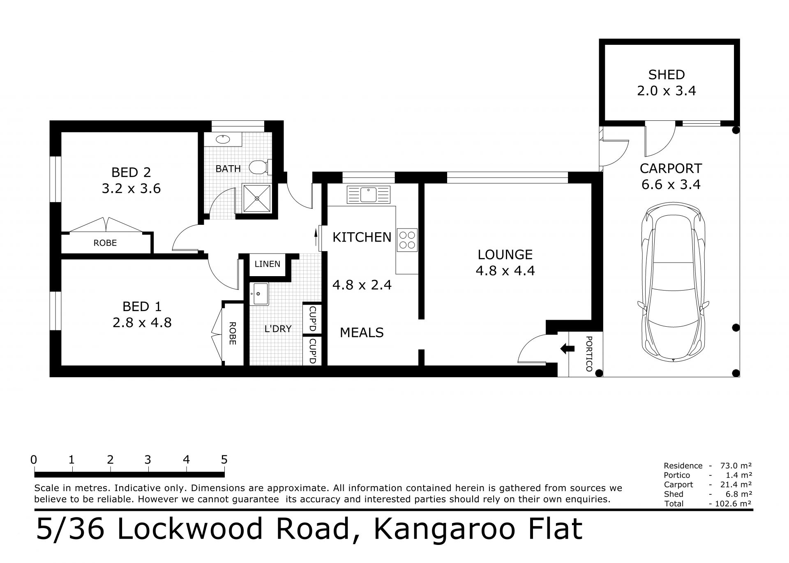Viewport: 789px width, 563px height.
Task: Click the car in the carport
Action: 673,281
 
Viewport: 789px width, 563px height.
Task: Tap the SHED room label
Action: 667,75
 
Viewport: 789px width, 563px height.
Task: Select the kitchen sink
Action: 368,195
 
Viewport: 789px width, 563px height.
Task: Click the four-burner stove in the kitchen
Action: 407,240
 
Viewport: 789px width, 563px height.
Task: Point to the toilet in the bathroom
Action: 261,167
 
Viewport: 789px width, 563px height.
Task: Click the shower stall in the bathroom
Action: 257,198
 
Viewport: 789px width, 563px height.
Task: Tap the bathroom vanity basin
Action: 223,139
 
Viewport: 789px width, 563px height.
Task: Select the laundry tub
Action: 259,294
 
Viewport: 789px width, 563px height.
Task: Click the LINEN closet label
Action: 268,264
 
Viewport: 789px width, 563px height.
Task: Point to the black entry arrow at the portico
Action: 568,348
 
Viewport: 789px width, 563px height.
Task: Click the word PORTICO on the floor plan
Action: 589,354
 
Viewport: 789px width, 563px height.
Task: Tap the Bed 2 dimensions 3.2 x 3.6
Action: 131,189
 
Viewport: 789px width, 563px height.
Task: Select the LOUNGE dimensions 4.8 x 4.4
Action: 505,271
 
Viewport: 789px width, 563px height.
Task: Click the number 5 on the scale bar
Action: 224,459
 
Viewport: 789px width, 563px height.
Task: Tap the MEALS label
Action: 362,332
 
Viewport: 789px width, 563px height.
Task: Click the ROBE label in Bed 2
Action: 105,243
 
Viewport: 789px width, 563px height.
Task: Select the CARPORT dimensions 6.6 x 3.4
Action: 671,185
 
